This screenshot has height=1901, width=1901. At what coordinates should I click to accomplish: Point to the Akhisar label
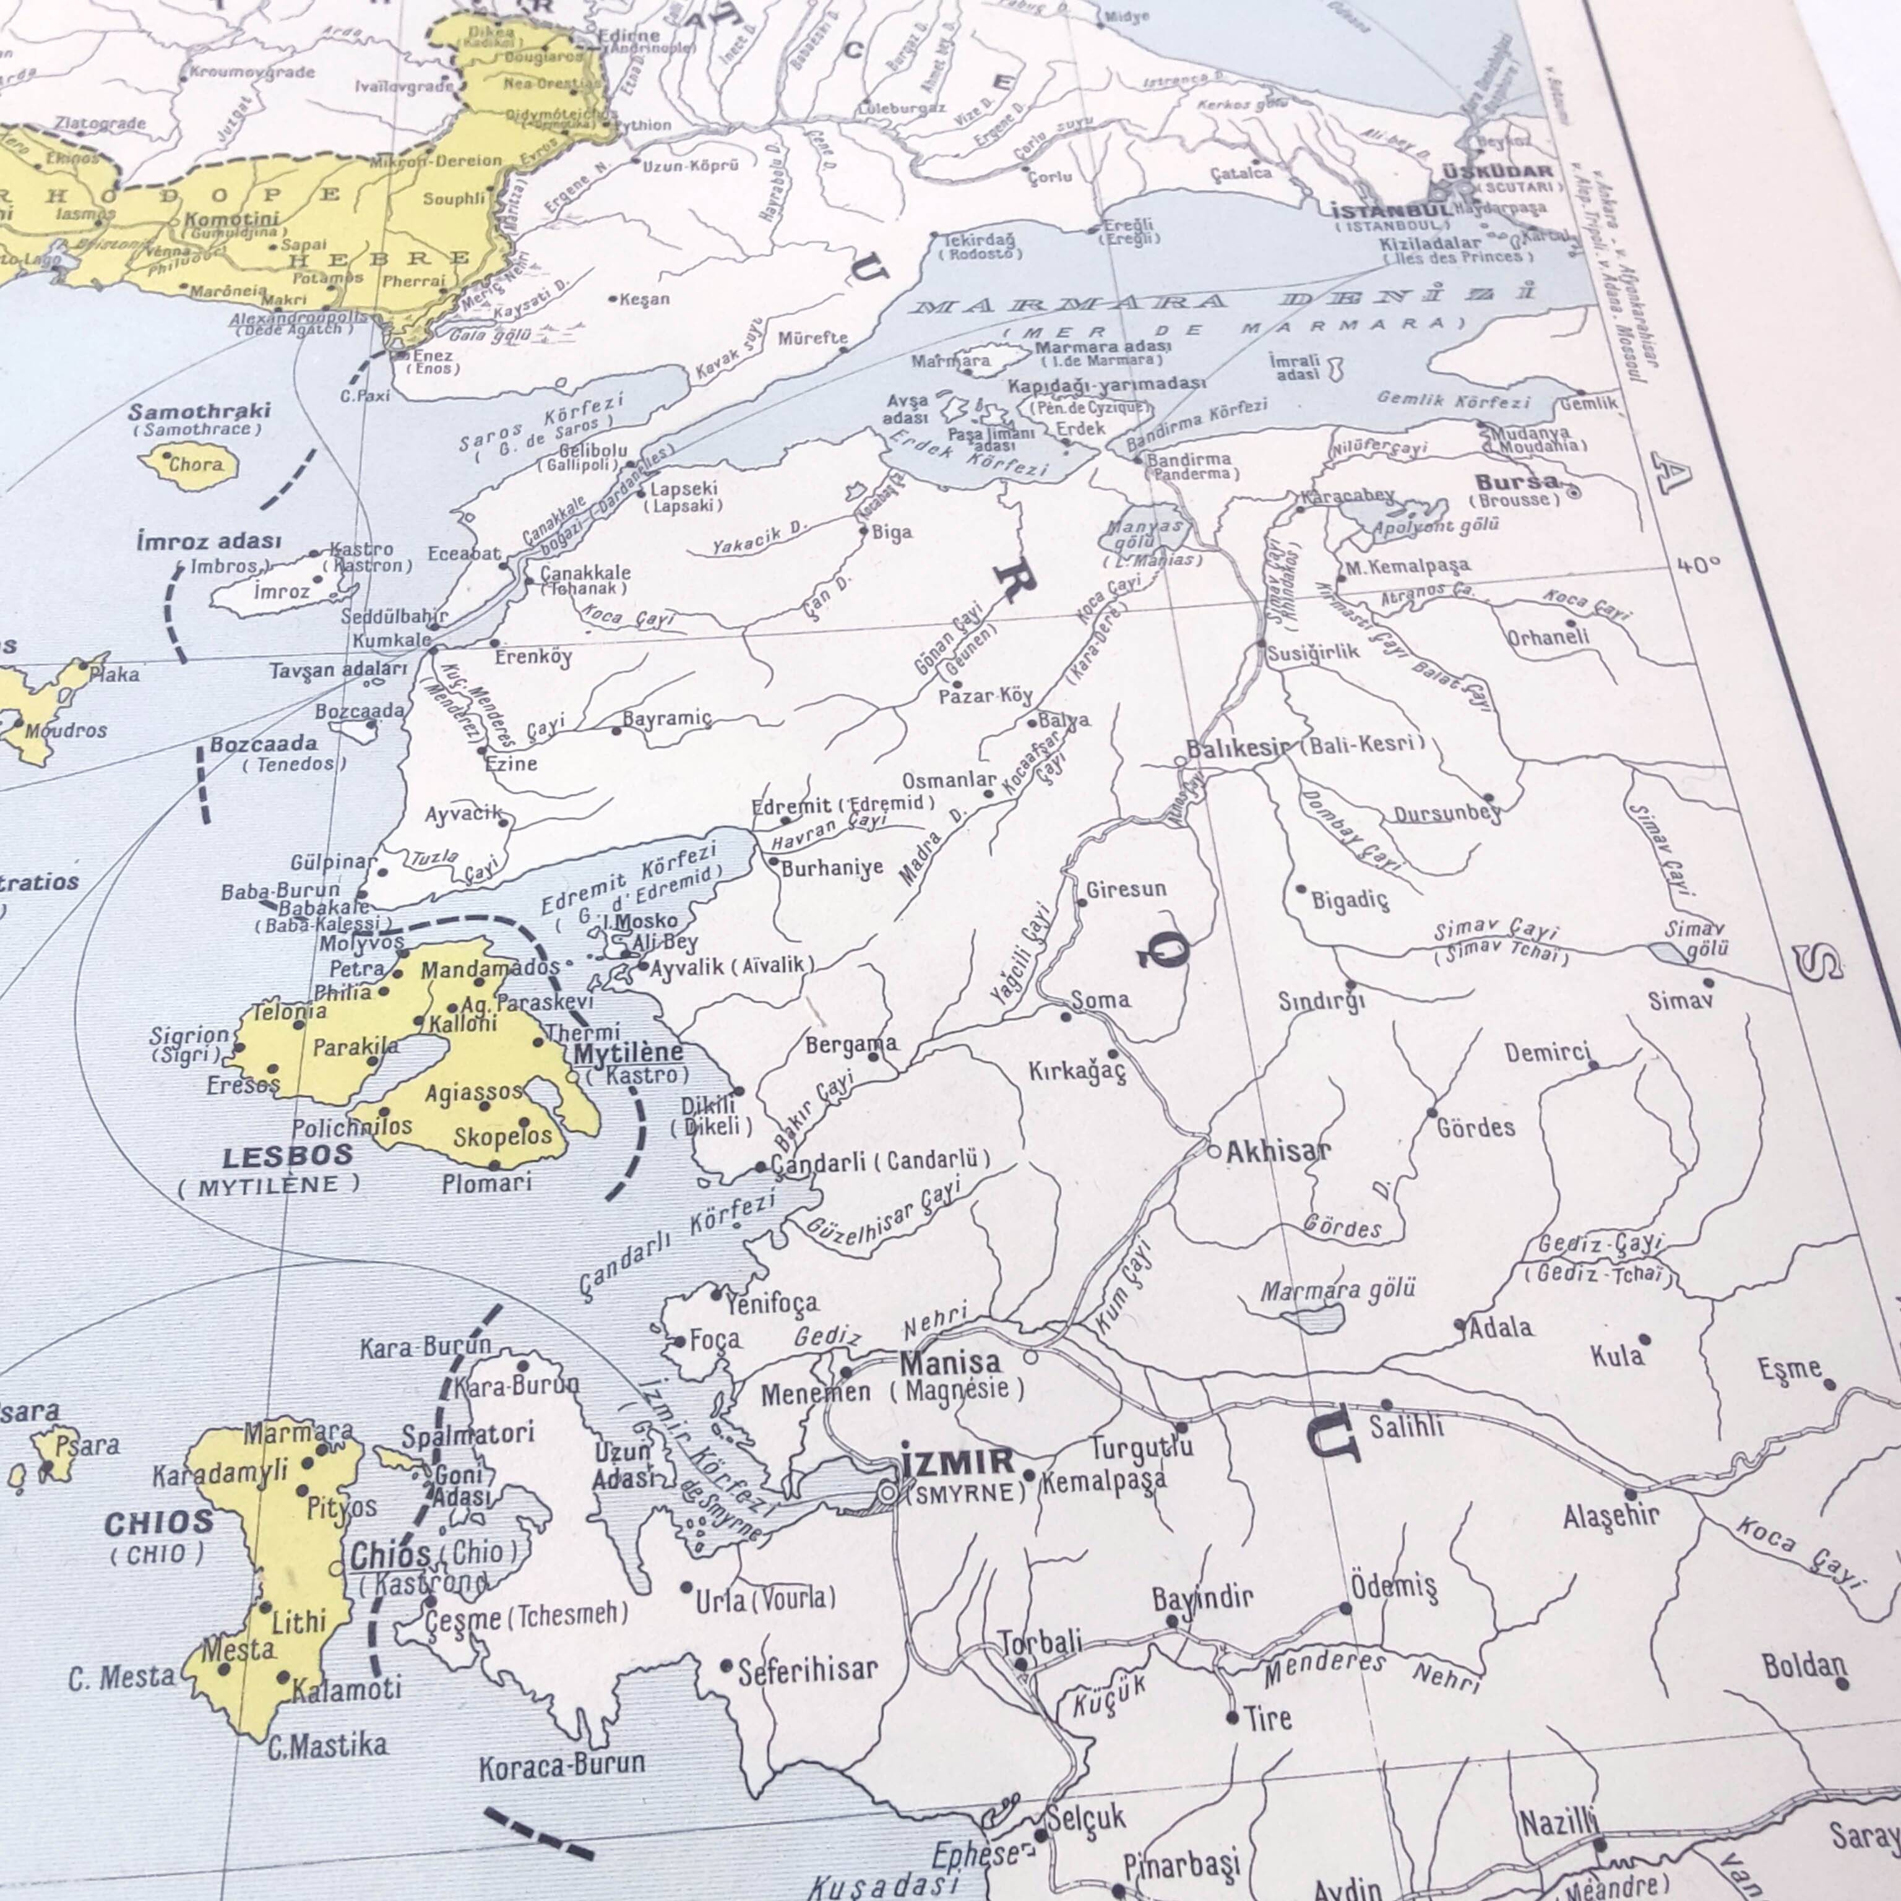(1277, 1150)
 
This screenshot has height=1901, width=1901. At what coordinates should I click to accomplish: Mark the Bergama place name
(851, 1044)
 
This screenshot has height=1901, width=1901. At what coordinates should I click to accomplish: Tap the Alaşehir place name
(1611, 1515)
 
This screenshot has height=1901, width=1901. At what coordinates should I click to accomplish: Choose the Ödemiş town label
(1394, 1586)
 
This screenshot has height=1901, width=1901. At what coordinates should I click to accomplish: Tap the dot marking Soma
(1066, 1015)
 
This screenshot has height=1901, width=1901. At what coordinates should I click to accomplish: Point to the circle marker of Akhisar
(1214, 1151)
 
